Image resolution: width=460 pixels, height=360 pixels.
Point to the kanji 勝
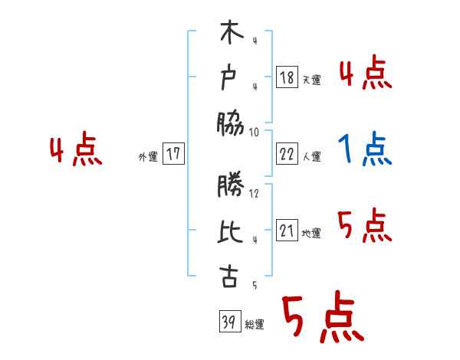click(x=231, y=187)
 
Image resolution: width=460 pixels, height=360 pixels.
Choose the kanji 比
click(x=231, y=231)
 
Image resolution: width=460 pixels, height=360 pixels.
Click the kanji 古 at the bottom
click(x=230, y=277)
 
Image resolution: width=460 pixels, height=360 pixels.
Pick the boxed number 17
click(x=173, y=153)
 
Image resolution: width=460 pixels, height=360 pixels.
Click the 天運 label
click(x=312, y=80)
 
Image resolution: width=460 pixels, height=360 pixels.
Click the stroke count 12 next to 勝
click(x=254, y=193)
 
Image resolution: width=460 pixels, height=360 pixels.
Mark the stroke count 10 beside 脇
click(x=254, y=132)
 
